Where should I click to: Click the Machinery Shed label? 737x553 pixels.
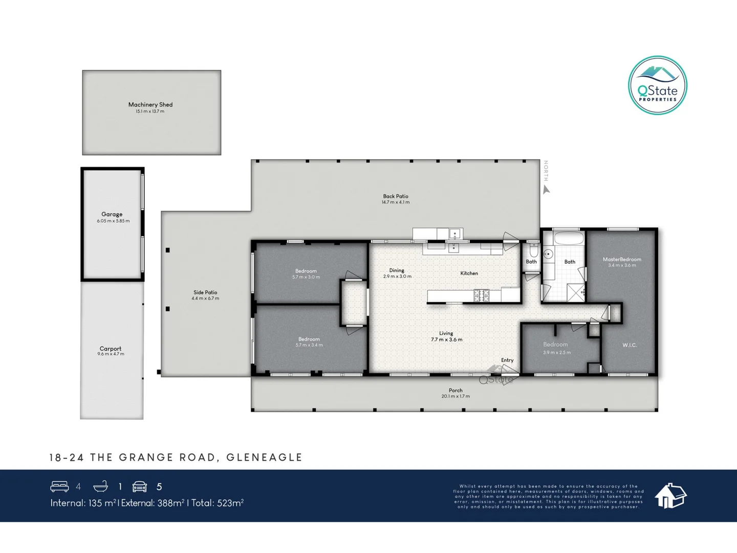coord(150,104)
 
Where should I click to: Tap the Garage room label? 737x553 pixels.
coord(112,215)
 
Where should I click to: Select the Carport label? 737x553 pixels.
coord(111,349)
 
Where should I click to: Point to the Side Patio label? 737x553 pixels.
coord(205,292)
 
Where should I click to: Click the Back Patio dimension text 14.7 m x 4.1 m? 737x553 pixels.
coord(395,202)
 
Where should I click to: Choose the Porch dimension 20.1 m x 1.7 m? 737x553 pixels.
coord(456,396)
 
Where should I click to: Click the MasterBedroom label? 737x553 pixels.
coord(622,259)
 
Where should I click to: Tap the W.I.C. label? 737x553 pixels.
coord(630,345)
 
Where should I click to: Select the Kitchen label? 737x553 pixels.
coord(469,273)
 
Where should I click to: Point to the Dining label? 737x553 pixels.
coord(397,270)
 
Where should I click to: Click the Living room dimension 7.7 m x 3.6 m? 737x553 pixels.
coord(446,339)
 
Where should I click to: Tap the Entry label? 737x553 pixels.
coord(507,360)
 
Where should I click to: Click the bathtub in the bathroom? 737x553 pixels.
coord(569,239)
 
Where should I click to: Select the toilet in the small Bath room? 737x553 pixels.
coord(533,250)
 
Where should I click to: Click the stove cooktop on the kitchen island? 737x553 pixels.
coord(482,295)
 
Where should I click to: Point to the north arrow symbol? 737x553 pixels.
coord(546,189)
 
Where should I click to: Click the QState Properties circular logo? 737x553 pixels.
coord(657,86)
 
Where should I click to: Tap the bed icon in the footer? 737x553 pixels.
coord(59,486)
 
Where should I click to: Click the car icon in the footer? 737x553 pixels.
coord(140,486)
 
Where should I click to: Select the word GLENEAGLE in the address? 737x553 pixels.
coord(264,457)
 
